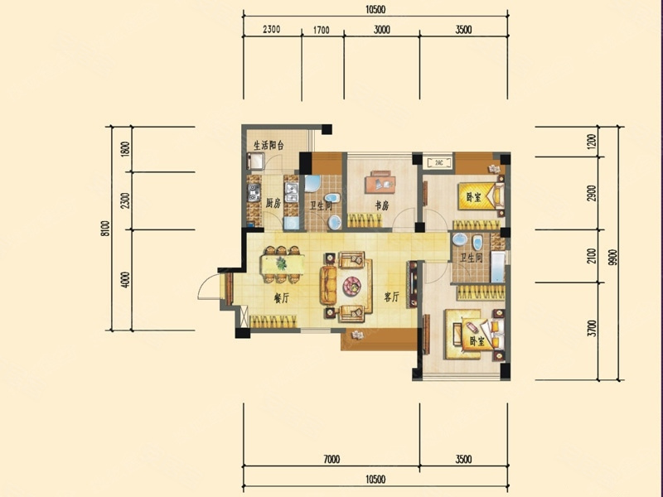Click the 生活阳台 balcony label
(x=269, y=146)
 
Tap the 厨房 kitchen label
(x=273, y=203)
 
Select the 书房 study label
(x=382, y=205)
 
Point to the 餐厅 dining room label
(x=281, y=298)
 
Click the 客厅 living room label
(x=391, y=297)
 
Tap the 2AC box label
(x=438, y=162)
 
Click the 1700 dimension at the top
(x=321, y=31)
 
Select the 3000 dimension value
(x=381, y=30)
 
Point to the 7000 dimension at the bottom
(x=331, y=459)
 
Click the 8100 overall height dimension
(x=106, y=229)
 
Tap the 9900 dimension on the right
(x=614, y=258)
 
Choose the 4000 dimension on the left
(x=125, y=280)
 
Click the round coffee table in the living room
(x=351, y=286)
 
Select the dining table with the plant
(x=282, y=264)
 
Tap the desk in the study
(x=380, y=184)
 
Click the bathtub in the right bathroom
(x=498, y=267)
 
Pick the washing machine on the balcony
(x=257, y=161)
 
